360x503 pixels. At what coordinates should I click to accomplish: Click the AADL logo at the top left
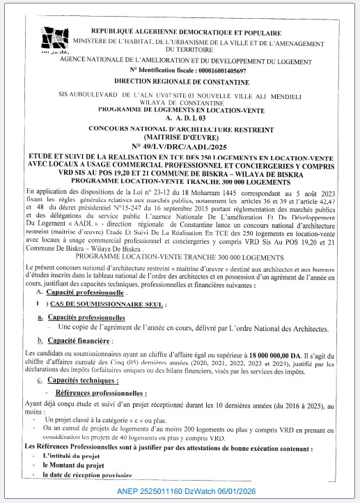56,41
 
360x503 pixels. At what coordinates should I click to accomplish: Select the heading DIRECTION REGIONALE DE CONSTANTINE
185,82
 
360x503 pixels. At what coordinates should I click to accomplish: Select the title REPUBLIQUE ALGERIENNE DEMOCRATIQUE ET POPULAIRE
185,33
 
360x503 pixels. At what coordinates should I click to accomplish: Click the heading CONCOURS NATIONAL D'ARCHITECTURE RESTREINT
185,129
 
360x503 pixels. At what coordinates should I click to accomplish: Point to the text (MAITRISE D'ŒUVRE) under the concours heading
185,137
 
